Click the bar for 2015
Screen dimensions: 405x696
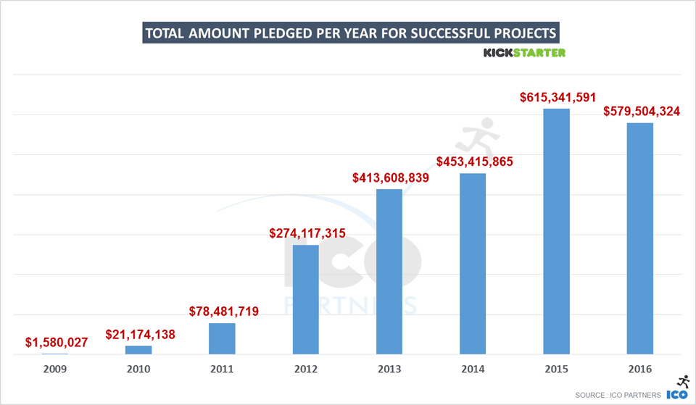click(x=557, y=231)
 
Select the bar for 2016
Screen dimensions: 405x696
click(x=640, y=238)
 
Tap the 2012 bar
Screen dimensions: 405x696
click(x=306, y=299)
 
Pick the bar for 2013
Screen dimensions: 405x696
click(x=389, y=272)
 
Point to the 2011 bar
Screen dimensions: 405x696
click(x=222, y=338)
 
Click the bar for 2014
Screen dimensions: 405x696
click(x=473, y=264)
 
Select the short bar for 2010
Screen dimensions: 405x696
click(x=138, y=350)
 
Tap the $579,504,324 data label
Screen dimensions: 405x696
click(x=641, y=112)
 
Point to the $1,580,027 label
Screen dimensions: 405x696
click(x=56, y=342)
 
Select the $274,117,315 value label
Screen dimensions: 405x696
click(x=307, y=233)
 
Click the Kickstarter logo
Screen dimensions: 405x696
click(x=524, y=53)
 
